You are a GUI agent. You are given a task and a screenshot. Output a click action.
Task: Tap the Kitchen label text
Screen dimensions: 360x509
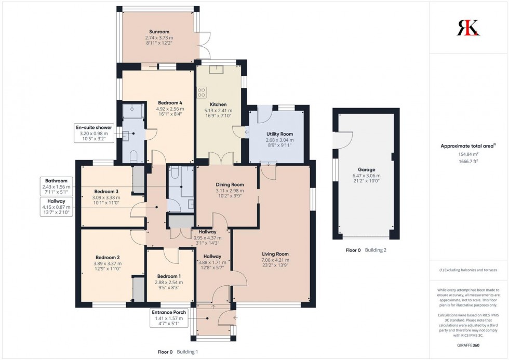coord(218,104)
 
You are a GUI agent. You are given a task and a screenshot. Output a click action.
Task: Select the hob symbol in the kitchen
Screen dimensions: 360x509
coord(201,92)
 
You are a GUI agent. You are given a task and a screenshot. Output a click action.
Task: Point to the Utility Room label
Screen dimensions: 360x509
coord(279,134)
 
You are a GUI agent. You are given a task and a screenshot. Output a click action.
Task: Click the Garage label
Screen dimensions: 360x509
coord(366,169)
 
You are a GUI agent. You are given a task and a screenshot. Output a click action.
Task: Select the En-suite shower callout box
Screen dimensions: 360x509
coord(94,133)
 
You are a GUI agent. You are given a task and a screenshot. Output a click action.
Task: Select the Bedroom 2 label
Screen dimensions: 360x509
coord(108,257)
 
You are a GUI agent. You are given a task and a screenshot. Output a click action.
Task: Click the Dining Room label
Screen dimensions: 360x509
coord(229,184)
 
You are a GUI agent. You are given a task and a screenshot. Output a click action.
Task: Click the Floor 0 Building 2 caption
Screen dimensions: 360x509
coord(366,250)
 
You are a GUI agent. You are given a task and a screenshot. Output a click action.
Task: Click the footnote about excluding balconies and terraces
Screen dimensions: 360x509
coord(468,270)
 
